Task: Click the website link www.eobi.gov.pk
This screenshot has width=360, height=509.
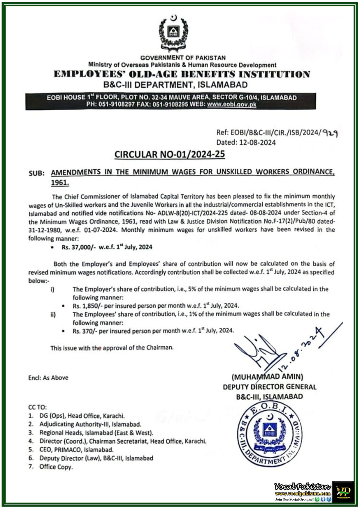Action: (232, 104)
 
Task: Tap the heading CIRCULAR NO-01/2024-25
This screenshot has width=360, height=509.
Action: (169, 154)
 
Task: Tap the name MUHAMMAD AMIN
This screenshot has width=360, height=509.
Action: (267, 377)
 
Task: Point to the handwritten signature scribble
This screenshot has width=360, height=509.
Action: (259, 351)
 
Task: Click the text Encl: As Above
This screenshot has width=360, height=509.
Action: (48, 378)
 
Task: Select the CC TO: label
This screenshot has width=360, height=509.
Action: (37, 407)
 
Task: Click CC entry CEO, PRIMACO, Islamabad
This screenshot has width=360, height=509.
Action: (76, 450)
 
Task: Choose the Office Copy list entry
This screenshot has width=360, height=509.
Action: (56, 467)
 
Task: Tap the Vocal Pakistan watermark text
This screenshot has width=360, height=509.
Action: (302, 486)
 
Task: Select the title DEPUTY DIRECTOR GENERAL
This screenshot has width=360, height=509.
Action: (270, 387)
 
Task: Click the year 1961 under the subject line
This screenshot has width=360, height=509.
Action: (60, 183)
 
